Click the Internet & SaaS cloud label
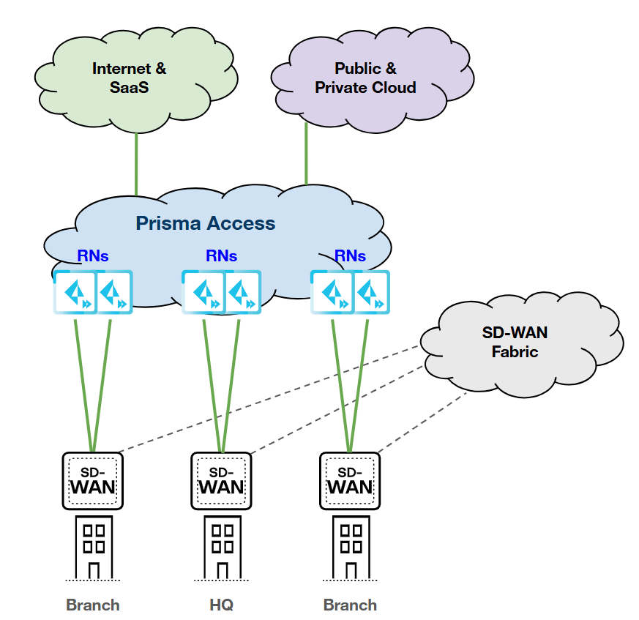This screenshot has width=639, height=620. point(129,78)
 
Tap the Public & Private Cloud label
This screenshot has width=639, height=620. point(365,78)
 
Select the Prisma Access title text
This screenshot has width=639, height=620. point(206,223)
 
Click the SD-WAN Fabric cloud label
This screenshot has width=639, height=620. point(515,342)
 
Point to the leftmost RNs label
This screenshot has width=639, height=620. point(93,255)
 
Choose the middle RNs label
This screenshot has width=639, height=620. point(221,255)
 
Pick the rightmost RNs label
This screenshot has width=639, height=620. point(350,255)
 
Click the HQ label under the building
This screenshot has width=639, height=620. point(221,605)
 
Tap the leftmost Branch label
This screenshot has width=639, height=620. point(93,605)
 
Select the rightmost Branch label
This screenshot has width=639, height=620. point(350,605)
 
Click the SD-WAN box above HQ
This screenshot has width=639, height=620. point(221,480)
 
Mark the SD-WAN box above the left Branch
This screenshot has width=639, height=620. point(93,480)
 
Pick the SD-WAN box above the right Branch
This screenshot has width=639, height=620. point(350,480)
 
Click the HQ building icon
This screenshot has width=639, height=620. point(221,548)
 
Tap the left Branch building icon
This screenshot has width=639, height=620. point(93,548)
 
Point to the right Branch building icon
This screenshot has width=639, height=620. point(350,548)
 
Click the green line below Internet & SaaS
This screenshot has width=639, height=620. point(136,163)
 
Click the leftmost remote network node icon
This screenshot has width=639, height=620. point(74,292)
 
